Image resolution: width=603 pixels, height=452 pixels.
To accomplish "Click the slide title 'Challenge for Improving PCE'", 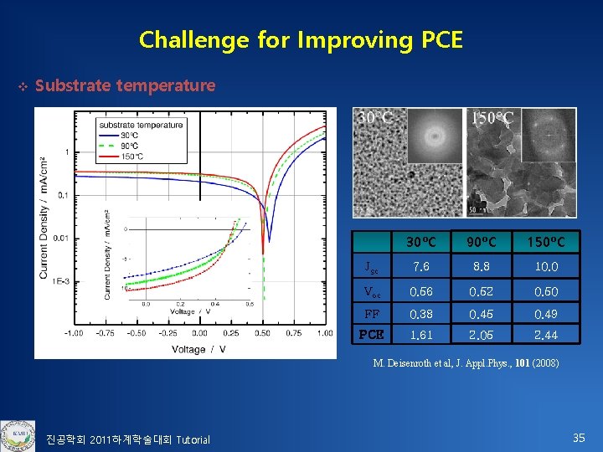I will [301, 39].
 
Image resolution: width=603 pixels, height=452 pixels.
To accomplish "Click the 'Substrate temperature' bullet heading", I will [125, 85].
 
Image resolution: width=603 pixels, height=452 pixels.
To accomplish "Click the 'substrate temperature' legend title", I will [141, 126].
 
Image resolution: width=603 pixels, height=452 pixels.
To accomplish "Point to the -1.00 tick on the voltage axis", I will [75, 333].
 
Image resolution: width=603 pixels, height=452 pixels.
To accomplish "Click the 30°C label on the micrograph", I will [375, 118].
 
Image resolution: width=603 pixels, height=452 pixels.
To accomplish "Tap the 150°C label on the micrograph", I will [492, 118].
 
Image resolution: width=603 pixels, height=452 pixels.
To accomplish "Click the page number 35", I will [578, 438].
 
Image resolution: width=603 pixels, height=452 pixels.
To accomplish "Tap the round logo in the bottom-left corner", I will [18, 434].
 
